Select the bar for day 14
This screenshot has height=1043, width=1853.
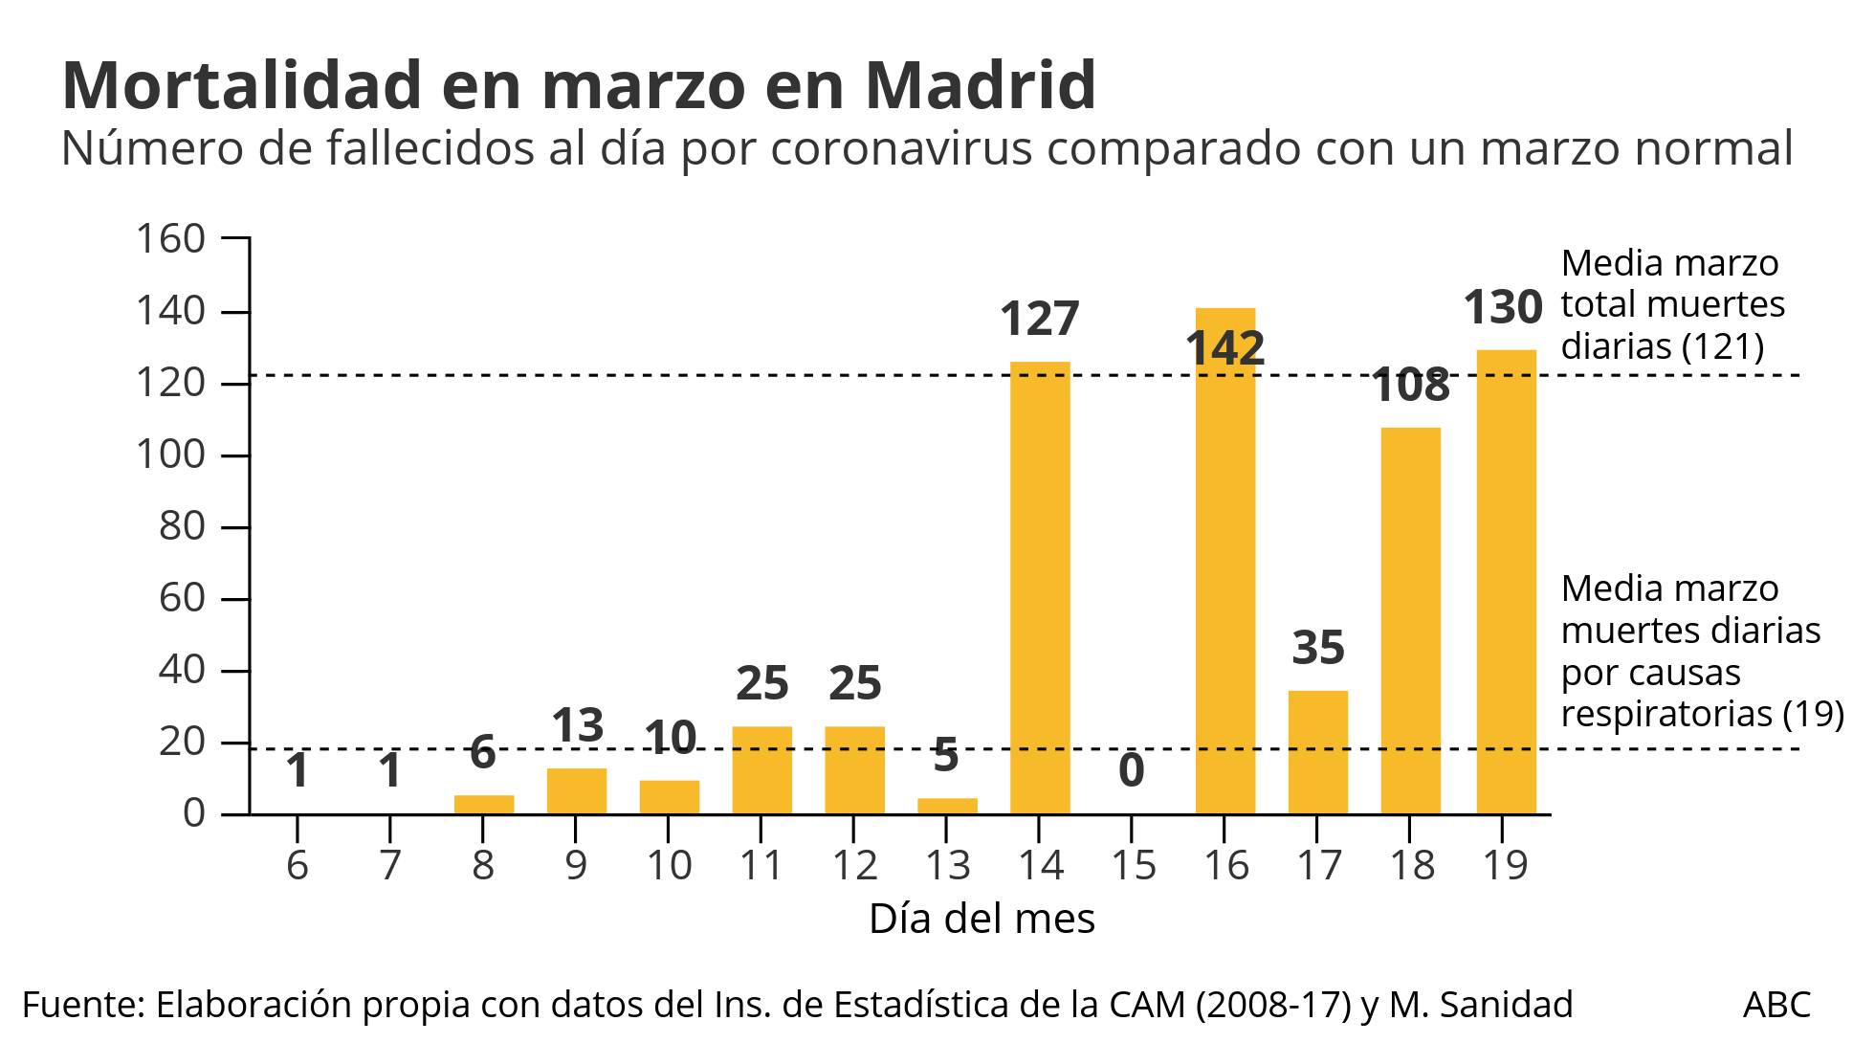pos(1040,588)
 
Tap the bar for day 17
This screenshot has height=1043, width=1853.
pos(1317,752)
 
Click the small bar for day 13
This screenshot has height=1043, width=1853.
pos(947,806)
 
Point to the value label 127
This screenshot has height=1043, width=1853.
pos(1039,319)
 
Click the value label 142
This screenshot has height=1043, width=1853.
pos(1224,348)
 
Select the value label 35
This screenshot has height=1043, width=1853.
pos(1317,648)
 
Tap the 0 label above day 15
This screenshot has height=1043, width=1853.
pos(1131,770)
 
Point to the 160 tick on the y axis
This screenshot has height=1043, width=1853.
pos(170,238)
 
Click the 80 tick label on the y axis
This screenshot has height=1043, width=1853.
pos(182,525)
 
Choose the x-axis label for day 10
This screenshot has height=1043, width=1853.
pos(669,865)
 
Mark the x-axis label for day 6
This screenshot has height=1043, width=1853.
pos(298,865)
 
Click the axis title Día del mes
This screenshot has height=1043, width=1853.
pos(981,919)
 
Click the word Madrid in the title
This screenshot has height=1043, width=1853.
pos(981,85)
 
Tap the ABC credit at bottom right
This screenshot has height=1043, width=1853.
pos(1776,1005)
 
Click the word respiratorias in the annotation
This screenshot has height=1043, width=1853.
pos(1666,714)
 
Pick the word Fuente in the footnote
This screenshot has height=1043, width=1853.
pos(82,1005)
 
